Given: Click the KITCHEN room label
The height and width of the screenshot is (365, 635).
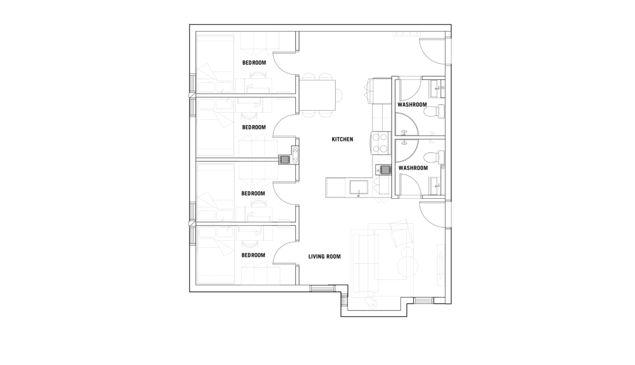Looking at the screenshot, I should (342, 139).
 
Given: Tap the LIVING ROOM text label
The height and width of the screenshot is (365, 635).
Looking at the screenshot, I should (324, 256).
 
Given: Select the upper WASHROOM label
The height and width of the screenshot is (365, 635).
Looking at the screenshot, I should (412, 105).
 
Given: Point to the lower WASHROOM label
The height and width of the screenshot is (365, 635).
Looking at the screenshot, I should (413, 168).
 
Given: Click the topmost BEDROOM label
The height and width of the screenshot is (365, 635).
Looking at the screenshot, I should (254, 63).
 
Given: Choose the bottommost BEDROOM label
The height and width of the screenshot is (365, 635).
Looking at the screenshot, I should (253, 255).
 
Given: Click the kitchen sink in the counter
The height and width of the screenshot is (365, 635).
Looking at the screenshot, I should (359, 187).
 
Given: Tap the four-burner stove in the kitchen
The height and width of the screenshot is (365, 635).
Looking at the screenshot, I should (381, 143).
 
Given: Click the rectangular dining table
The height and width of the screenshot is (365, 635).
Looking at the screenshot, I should (317, 95).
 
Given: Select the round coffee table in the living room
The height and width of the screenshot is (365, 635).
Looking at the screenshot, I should (408, 267).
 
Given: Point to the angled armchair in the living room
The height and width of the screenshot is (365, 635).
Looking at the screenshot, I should (401, 233).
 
